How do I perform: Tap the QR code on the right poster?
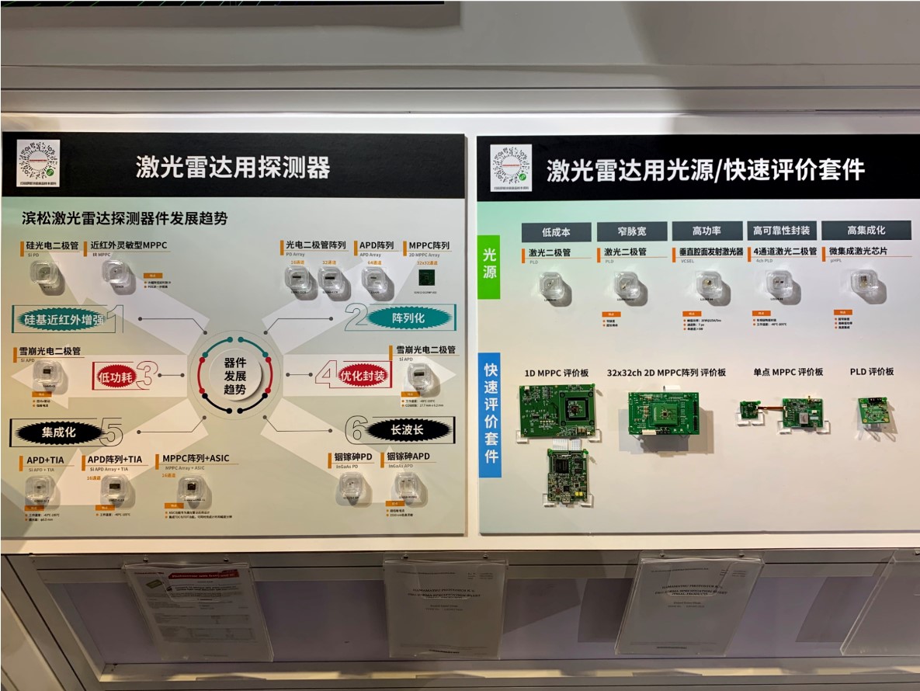pos(512,166)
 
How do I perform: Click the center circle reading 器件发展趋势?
pos(235,376)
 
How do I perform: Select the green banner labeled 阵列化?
pos(408,317)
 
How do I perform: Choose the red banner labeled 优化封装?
pos(363,376)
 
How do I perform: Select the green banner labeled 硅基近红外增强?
pos(60,318)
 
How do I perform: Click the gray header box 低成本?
pos(555,231)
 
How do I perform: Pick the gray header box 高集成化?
pos(866,230)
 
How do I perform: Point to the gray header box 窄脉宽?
pos(630,231)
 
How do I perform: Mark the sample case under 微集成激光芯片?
pos(863,285)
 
